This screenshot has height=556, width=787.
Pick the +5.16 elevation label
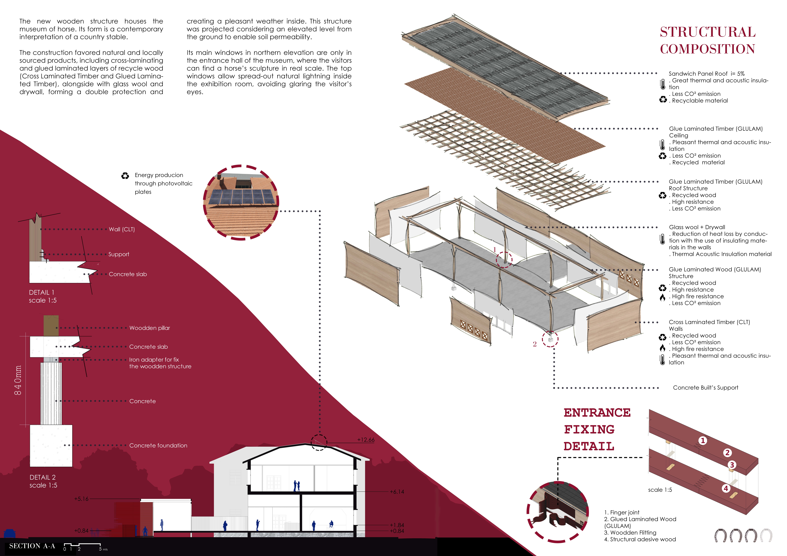81,499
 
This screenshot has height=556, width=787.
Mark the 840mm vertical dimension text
18,380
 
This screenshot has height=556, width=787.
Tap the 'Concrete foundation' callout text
158,445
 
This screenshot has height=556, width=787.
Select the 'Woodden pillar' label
149,328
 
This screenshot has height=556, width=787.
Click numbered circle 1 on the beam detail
703,441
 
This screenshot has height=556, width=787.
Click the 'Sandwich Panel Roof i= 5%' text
706,74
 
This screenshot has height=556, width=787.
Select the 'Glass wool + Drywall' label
697,227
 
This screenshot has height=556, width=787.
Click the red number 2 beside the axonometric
534,344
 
